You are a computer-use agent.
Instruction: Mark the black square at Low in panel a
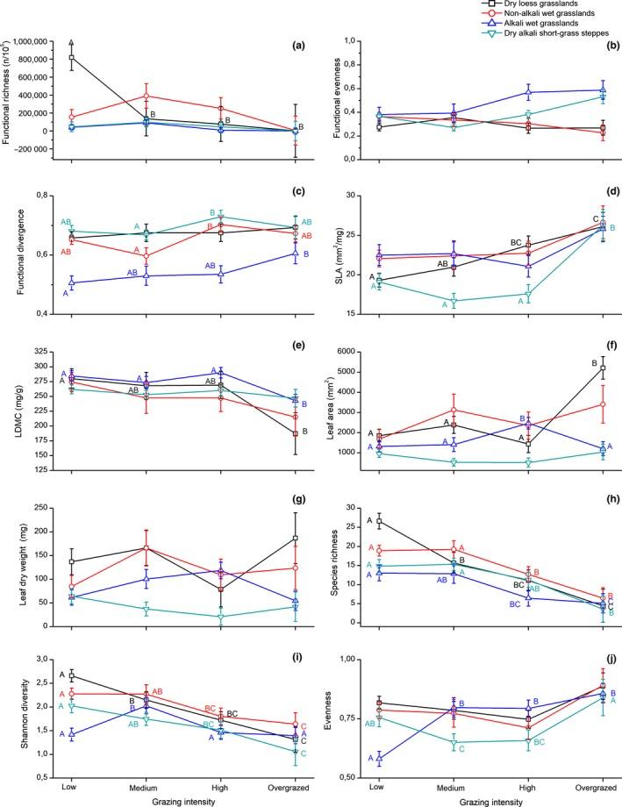70,58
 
